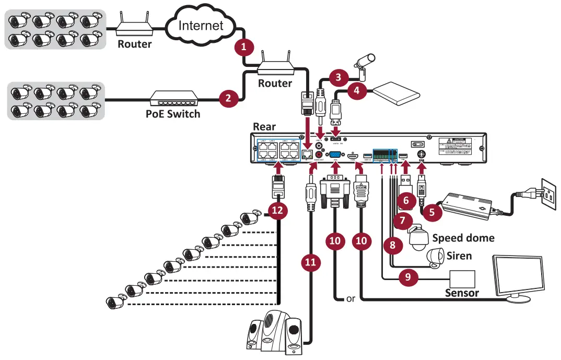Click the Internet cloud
(x=201, y=25)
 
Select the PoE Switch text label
(x=172, y=113)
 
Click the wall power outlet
(x=544, y=193)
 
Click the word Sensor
(x=462, y=293)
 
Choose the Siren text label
(x=459, y=256)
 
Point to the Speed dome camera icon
(x=417, y=238)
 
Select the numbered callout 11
(x=311, y=263)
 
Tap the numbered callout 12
(x=277, y=210)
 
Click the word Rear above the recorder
(x=264, y=126)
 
